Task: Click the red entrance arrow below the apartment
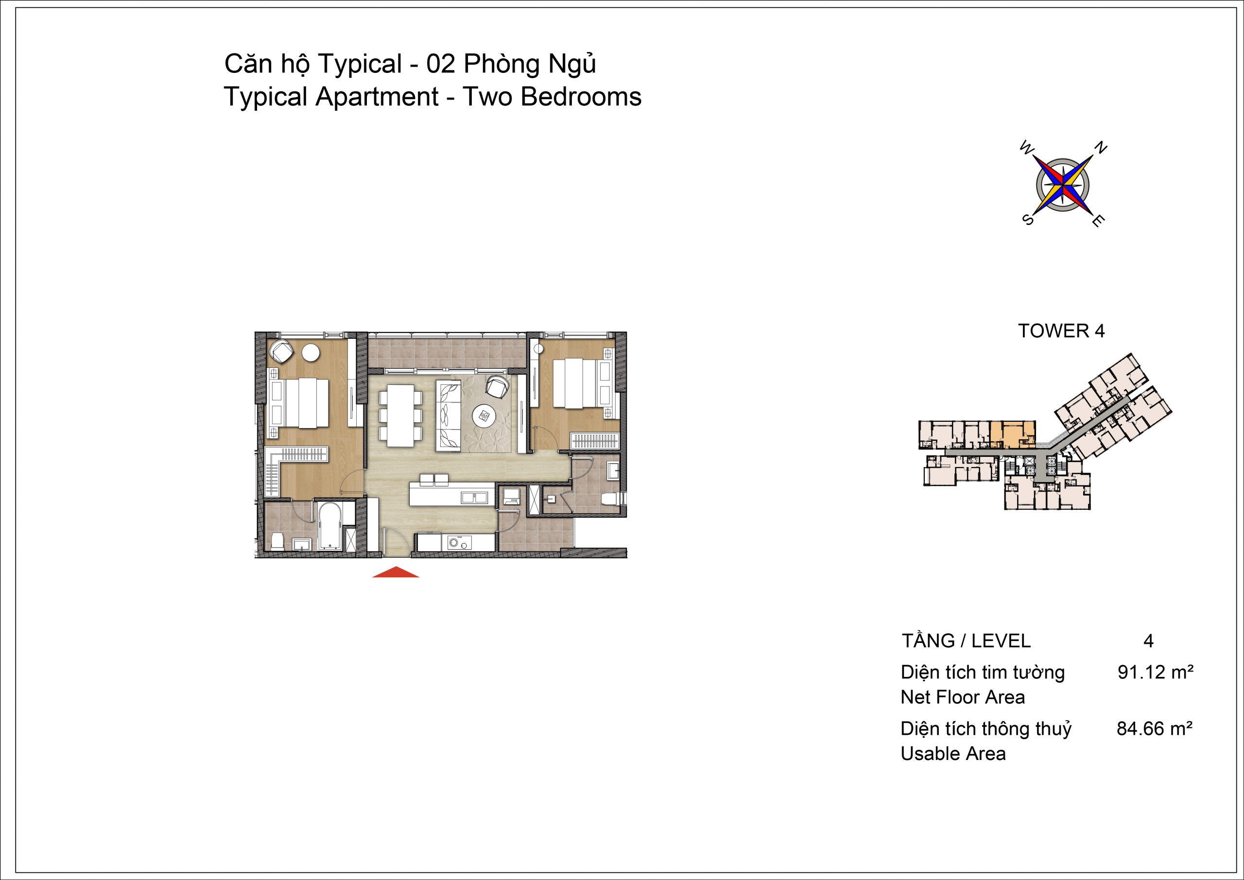[x=396, y=572]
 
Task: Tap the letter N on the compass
[x=1102, y=147]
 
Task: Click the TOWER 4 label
[x=1061, y=330]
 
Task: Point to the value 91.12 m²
[x=1156, y=673]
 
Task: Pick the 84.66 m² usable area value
[x=1155, y=729]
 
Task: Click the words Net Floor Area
[x=963, y=697]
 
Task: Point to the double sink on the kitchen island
[x=475, y=497]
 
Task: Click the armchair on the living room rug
[x=497, y=387]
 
